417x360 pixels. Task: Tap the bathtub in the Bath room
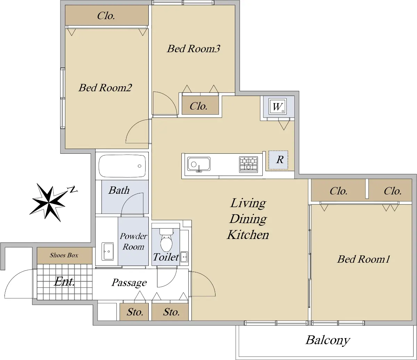click(x=122, y=166)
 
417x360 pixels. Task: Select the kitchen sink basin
click(x=199, y=164)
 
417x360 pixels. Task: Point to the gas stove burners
click(x=248, y=165)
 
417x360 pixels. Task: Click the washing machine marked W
click(x=278, y=106)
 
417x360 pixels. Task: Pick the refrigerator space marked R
click(x=278, y=160)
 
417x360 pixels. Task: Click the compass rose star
click(x=48, y=202)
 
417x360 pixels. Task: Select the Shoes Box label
click(x=64, y=255)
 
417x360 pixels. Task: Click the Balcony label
click(x=328, y=340)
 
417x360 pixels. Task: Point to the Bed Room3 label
click(x=193, y=49)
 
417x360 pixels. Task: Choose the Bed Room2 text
click(x=105, y=88)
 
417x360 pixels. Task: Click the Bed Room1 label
click(x=363, y=259)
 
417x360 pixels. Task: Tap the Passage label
click(x=129, y=283)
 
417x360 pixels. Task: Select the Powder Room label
click(x=133, y=241)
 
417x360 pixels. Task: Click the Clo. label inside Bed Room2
click(x=106, y=16)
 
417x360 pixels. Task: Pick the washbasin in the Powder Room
click(x=107, y=251)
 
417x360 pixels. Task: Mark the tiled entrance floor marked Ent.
click(x=65, y=282)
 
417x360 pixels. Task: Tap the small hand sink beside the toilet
click(x=184, y=257)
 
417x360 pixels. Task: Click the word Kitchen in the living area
click(x=248, y=235)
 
